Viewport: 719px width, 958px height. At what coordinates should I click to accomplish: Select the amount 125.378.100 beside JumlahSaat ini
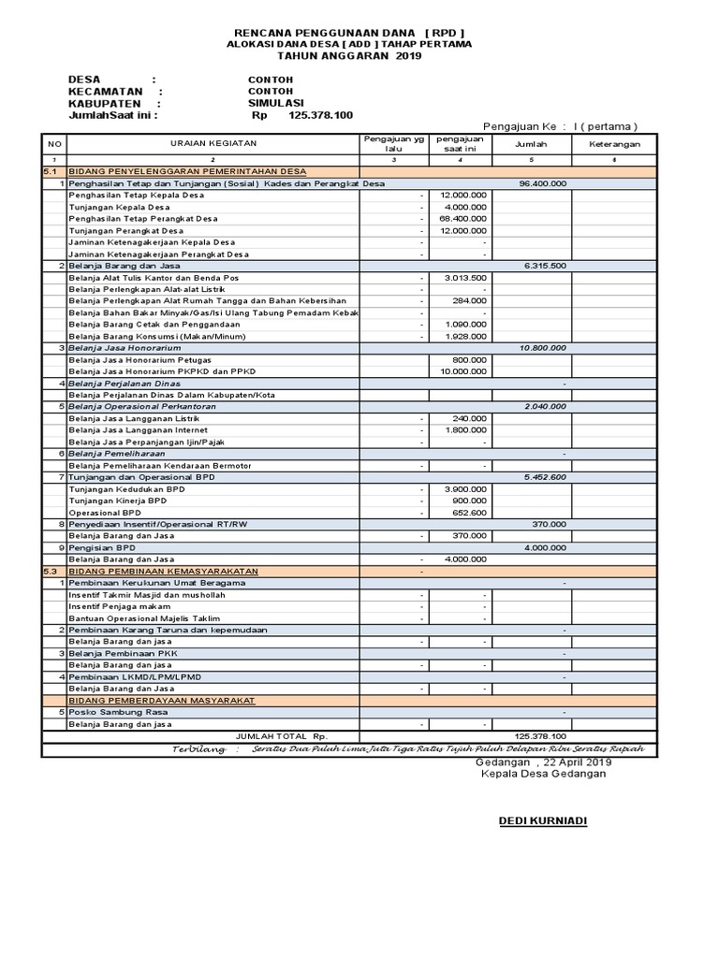click(321, 115)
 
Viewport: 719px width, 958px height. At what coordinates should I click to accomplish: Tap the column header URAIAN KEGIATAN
click(212, 143)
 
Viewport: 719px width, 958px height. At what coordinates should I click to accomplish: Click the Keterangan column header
click(614, 144)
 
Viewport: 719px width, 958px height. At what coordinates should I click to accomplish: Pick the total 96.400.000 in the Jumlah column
click(543, 183)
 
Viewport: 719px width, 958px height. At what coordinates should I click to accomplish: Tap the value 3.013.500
click(464, 278)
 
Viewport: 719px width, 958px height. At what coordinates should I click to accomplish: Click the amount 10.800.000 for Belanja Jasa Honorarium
click(543, 348)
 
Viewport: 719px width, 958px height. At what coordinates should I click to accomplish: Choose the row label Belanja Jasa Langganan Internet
click(137, 430)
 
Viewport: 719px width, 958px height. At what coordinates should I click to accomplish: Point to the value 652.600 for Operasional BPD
click(469, 513)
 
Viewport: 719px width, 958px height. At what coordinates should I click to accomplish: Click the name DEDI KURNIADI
click(543, 820)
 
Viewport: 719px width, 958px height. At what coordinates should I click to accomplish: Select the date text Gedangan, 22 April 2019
click(542, 763)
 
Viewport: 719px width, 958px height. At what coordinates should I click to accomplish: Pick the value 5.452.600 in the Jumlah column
click(543, 477)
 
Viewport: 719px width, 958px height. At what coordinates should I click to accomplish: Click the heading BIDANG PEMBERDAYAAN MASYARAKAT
click(161, 700)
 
